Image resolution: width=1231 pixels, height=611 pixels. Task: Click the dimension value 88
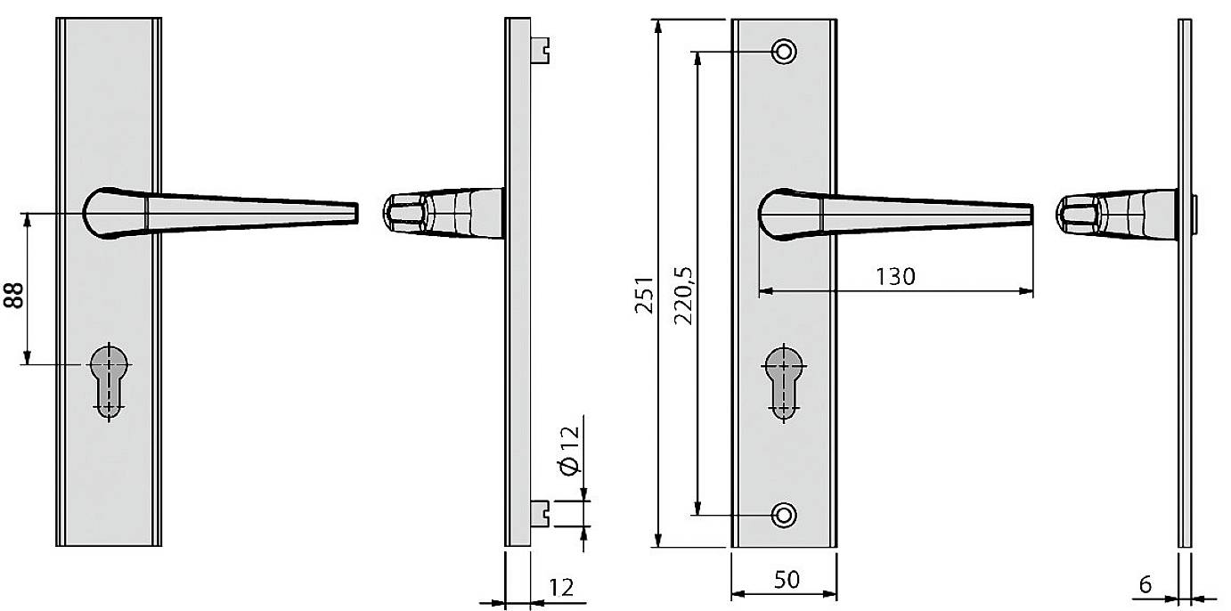(x=13, y=291)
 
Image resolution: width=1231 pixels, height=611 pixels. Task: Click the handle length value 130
(x=894, y=277)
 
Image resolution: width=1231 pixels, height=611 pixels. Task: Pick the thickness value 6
(x=1145, y=585)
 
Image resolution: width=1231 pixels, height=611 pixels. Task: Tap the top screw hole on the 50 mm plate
(x=784, y=52)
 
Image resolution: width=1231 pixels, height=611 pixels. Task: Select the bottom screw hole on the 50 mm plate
(x=784, y=514)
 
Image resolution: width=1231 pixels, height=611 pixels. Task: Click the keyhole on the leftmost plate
(x=110, y=379)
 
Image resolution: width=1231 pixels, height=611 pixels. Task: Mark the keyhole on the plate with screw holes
(x=784, y=379)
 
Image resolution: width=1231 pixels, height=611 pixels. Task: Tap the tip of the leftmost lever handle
(x=355, y=212)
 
